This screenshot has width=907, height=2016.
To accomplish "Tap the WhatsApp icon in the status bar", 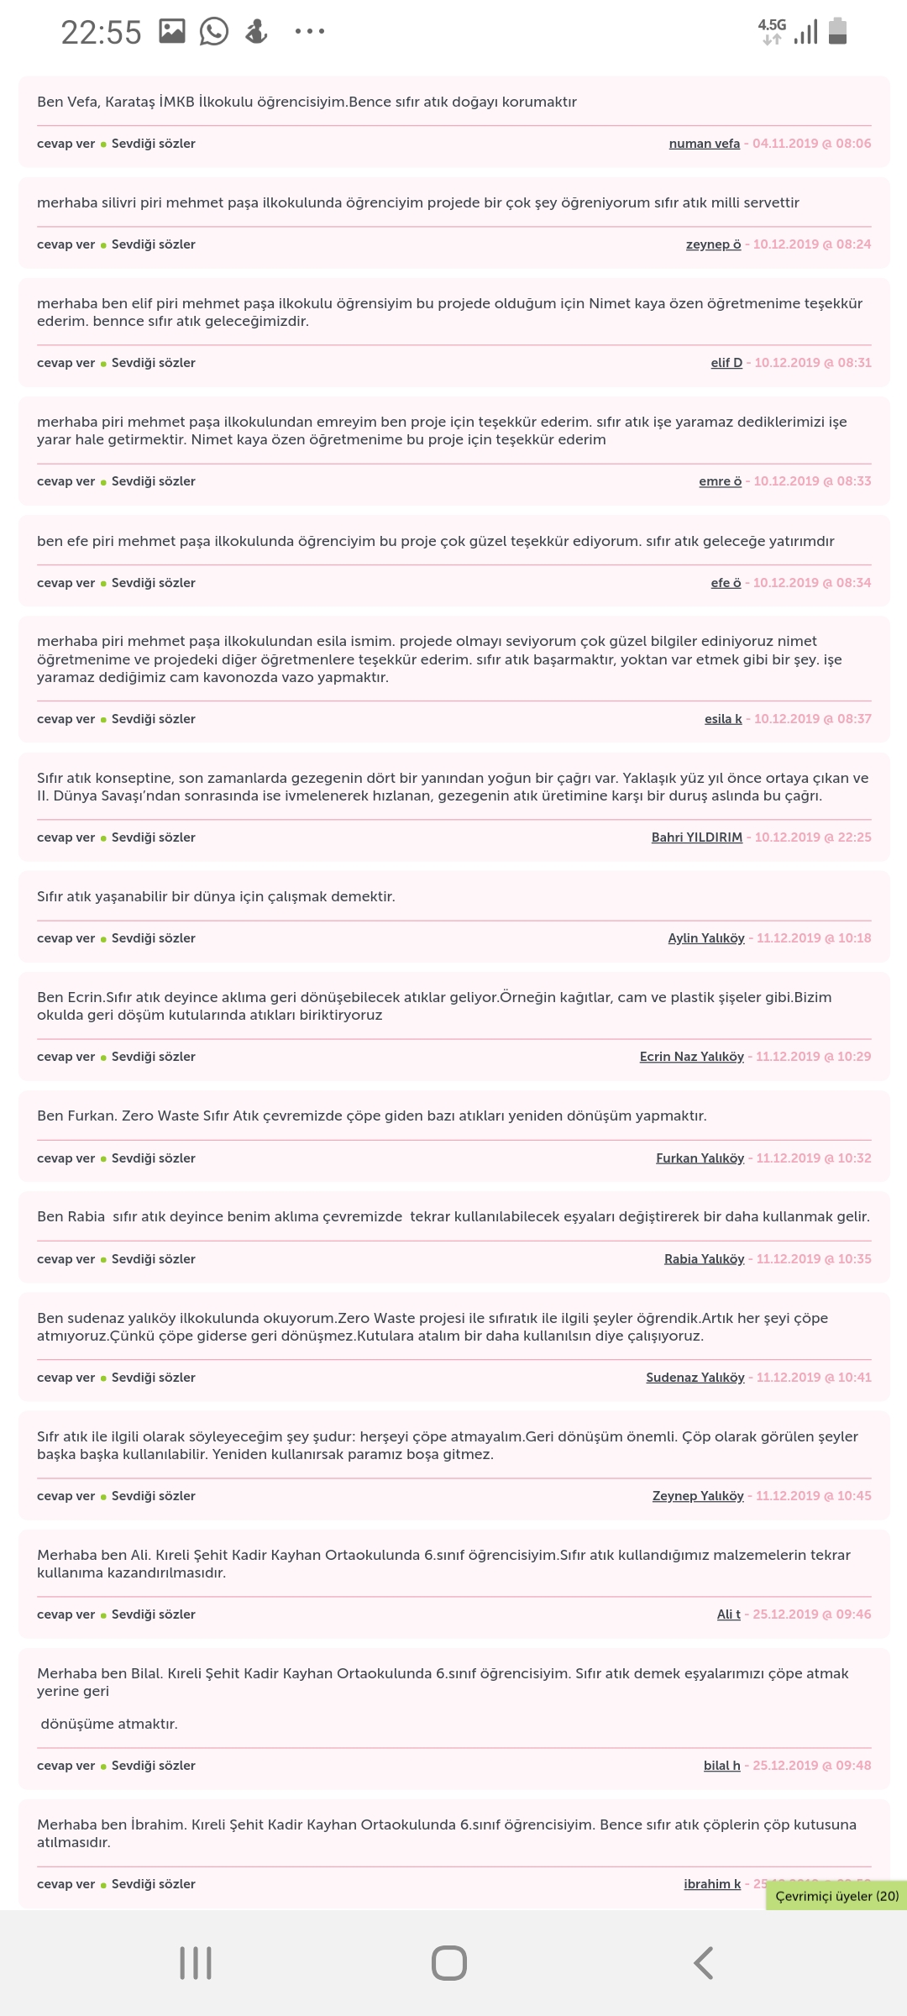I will (x=214, y=32).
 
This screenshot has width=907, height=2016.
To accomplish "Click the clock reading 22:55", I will (x=101, y=33).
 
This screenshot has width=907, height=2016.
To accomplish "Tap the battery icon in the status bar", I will (x=837, y=31).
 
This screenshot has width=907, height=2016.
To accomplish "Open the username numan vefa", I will (x=704, y=144).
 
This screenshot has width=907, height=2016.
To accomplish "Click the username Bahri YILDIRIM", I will (x=696, y=837).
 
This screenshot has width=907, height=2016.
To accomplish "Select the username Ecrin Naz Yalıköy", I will (x=691, y=1057).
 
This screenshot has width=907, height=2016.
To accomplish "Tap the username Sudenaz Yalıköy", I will (x=695, y=1378).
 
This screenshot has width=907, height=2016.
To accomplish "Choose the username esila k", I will (x=723, y=719).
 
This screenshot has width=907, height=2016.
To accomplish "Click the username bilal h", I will (x=721, y=1766).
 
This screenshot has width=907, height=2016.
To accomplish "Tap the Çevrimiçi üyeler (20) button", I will (x=836, y=1896).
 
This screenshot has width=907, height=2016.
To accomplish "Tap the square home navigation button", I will (x=449, y=1963).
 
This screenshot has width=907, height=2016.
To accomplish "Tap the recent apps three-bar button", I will (x=196, y=1963).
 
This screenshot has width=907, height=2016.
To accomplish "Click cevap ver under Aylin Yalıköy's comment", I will (x=66, y=938).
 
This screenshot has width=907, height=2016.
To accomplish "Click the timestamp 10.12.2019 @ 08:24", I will (x=811, y=244).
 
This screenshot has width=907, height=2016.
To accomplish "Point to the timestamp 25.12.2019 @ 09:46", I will (x=811, y=1614).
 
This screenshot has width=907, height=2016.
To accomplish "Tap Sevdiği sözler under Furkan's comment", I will (x=153, y=1158).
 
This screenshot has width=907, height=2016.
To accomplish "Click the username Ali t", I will (x=728, y=1614).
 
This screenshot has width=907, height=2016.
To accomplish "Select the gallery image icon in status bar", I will (x=172, y=32).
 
